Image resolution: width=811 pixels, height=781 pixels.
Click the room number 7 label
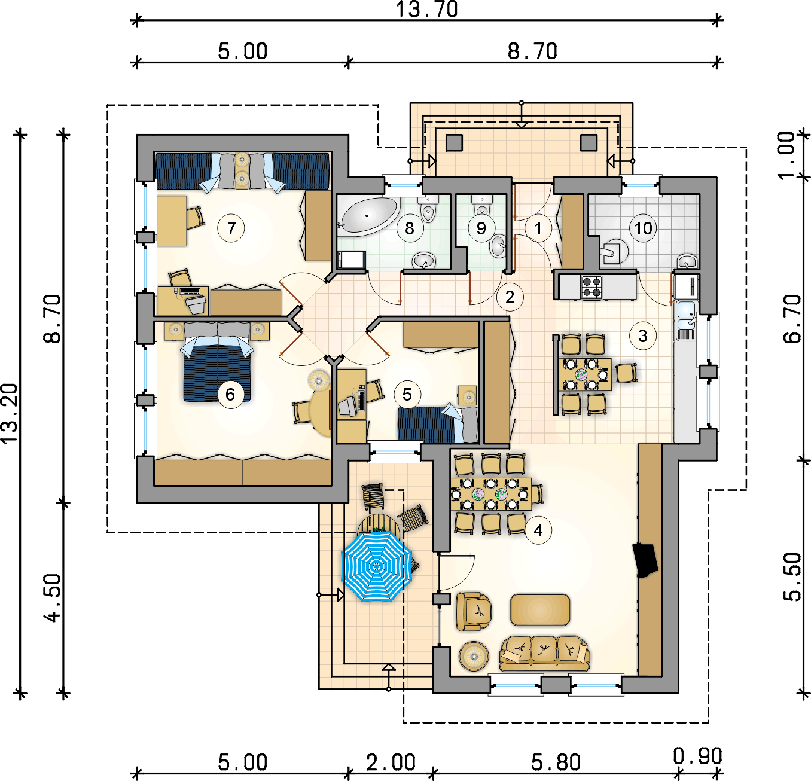tap(231, 228)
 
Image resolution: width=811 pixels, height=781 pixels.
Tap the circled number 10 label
tap(643, 228)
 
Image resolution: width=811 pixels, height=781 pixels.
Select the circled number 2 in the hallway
tap(510, 298)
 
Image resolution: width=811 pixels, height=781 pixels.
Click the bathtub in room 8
tap(369, 215)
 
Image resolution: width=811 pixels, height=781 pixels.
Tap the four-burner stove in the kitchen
tap(592, 286)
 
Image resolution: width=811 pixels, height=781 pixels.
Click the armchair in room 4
tap(474, 611)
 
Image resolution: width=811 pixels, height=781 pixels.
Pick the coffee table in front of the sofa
tap(540, 610)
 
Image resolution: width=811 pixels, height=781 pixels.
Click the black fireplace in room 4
tap(645, 560)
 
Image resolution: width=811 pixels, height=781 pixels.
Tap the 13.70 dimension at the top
tap(426, 9)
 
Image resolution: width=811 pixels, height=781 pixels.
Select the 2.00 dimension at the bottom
tap(391, 762)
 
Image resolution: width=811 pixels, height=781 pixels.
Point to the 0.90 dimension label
tap(697, 756)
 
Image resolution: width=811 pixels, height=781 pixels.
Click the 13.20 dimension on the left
tap(10, 413)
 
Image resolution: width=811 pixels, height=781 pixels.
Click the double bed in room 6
tap(218, 362)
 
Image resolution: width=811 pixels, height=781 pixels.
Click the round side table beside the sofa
tap(474, 656)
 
